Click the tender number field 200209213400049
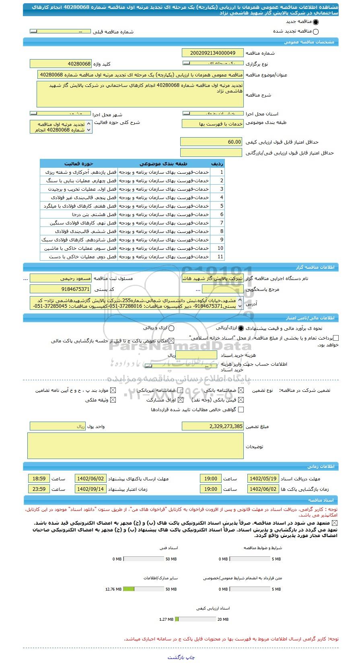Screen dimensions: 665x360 pyautogui.click(x=213, y=53)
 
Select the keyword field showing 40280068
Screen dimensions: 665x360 pyautogui.click(x=61, y=64)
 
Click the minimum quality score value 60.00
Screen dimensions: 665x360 pyautogui.click(x=212, y=142)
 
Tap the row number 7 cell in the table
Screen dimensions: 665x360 pyautogui.click(x=221, y=223)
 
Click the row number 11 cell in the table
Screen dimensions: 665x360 pyautogui.click(x=220, y=257)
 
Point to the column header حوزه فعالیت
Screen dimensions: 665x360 pyautogui.click(x=79, y=164)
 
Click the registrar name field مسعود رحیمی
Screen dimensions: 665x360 pyautogui.click(x=61, y=278)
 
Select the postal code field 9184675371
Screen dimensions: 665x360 pyautogui.click(x=61, y=289)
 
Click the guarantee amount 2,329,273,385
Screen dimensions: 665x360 pyautogui.click(x=213, y=426)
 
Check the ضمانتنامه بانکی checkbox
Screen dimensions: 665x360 pyautogui.click(x=241, y=390)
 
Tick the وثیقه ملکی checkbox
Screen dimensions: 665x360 pyautogui.click(x=113, y=400)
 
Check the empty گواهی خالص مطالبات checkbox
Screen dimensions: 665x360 pyautogui.click(x=241, y=410)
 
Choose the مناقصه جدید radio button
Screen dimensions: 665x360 pyautogui.click(x=315, y=23)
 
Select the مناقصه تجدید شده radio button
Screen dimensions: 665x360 pyautogui.click(x=315, y=32)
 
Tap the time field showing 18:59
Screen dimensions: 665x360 pyautogui.click(x=39, y=479)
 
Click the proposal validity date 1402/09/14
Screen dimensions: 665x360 pyautogui.click(x=91, y=489)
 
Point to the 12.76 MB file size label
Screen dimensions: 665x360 pyautogui.click(x=113, y=589)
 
